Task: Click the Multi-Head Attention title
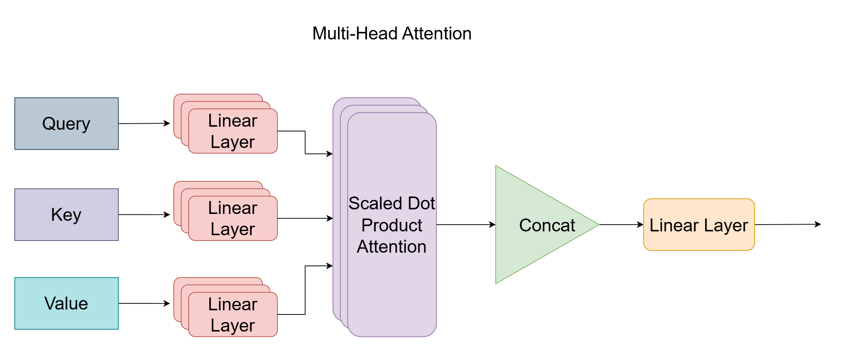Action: coord(392,33)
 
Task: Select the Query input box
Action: coord(66,124)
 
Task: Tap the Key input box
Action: coord(66,215)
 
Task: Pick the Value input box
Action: coord(66,303)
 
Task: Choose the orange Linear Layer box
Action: coord(699,225)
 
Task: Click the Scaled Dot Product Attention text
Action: coord(392,225)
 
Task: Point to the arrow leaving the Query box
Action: coord(144,123)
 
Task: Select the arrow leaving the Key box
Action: coord(144,215)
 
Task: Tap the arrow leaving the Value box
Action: coord(144,303)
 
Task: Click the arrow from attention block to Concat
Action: coord(466,225)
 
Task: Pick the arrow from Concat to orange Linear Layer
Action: coord(622,225)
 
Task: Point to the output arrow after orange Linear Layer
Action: coord(788,225)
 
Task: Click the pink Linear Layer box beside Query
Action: coord(233,131)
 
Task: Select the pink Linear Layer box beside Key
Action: coord(233,219)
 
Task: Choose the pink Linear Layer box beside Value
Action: coord(233,314)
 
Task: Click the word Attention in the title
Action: coord(437,33)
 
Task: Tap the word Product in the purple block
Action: coord(392,225)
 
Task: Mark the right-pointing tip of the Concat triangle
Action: coord(599,225)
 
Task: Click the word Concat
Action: coord(547,225)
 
